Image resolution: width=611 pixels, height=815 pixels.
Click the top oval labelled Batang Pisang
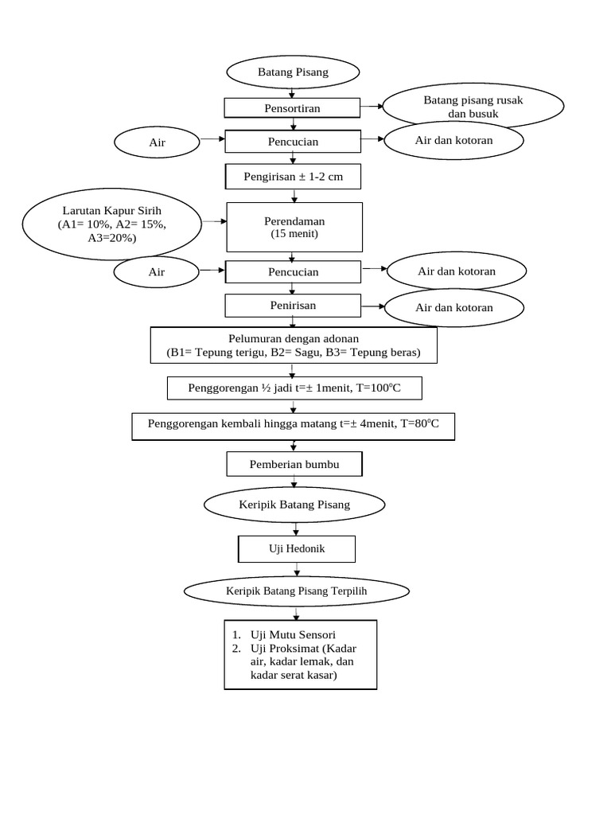(293, 72)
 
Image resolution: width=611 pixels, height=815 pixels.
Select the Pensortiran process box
(292, 107)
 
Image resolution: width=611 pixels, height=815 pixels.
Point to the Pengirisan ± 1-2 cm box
(293, 177)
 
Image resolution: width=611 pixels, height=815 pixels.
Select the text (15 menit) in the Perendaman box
(294, 234)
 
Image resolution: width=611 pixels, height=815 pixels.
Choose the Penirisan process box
(292, 305)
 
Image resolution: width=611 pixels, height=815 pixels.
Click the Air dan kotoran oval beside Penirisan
(453, 307)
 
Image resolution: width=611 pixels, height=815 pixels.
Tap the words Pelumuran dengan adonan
(293, 338)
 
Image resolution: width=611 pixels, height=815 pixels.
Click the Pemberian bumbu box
(294, 463)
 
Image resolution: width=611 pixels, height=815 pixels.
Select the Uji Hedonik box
(297, 549)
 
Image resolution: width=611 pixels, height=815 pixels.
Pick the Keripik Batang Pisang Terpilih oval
(297, 591)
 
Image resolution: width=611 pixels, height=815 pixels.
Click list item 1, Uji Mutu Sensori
(293, 634)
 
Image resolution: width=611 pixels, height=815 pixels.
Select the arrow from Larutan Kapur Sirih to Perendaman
(212, 221)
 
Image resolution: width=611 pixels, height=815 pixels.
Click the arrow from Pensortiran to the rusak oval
(372, 105)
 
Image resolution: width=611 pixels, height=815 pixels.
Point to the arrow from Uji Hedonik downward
(297, 569)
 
